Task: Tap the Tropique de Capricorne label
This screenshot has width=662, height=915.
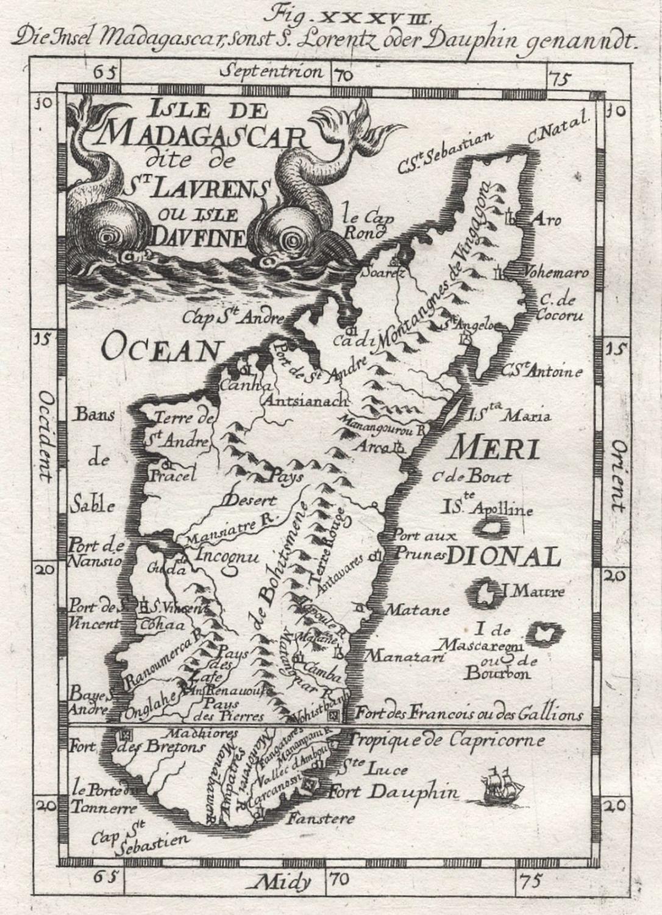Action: (444, 741)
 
